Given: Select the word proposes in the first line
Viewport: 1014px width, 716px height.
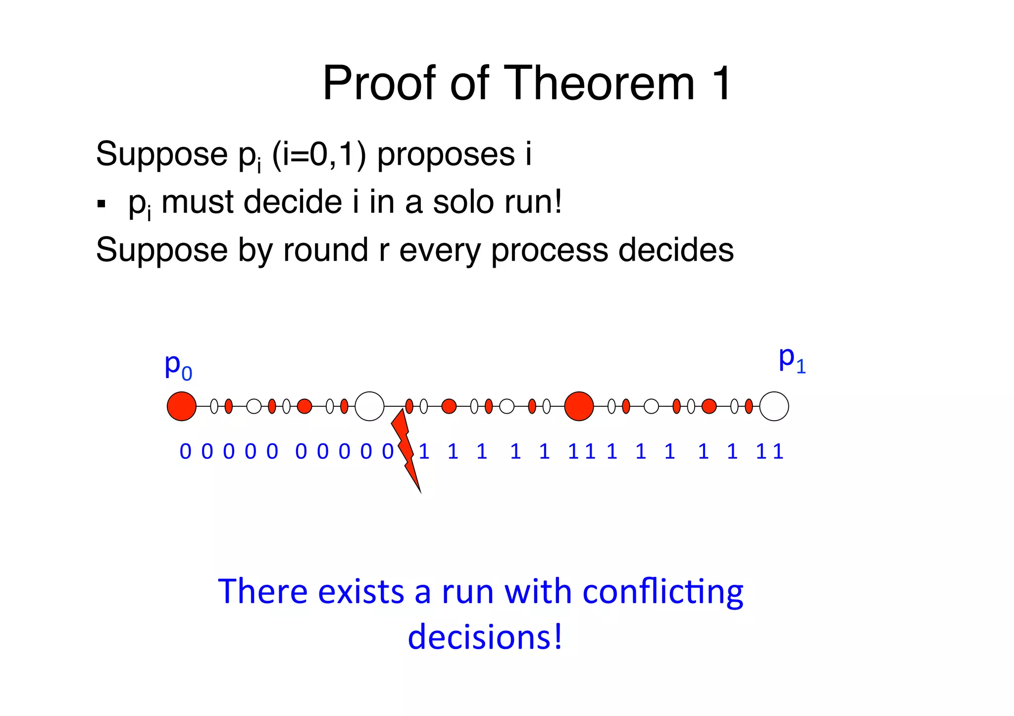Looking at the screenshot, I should click(446, 154).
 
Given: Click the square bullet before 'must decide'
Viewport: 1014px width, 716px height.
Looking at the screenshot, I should click(101, 204).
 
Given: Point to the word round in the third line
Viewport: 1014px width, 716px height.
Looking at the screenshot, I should click(325, 250).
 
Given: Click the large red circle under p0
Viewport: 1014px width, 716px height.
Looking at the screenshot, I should click(182, 406).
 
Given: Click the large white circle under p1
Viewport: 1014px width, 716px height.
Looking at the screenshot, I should click(774, 406).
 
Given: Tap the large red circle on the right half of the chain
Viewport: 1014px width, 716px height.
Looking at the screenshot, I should click(579, 406).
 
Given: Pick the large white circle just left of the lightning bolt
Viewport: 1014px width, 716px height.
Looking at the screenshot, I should click(369, 406).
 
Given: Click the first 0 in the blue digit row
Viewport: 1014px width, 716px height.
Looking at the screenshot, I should click(185, 452).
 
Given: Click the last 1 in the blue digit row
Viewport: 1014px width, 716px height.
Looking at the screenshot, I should click(778, 452).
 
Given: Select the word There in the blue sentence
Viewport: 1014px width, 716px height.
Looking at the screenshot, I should click(262, 592).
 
